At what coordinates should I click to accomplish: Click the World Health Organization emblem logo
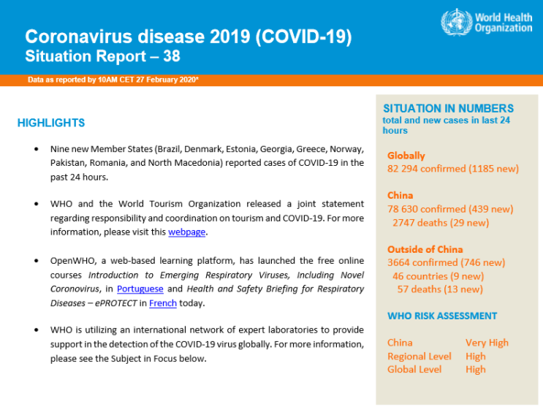(x=455, y=22)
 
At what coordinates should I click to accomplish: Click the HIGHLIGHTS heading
(x=51, y=123)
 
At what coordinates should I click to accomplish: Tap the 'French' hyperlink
(x=163, y=303)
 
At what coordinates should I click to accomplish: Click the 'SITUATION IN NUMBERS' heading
(x=448, y=108)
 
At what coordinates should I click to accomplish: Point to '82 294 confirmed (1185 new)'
(x=452, y=169)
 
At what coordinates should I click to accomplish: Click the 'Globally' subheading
(x=406, y=156)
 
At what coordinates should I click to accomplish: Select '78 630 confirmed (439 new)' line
(x=450, y=209)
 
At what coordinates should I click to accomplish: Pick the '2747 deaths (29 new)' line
(x=440, y=222)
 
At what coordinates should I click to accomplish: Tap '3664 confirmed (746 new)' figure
(x=446, y=262)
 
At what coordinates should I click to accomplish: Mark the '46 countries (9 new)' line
(x=438, y=275)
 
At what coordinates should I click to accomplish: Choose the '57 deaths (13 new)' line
(x=439, y=289)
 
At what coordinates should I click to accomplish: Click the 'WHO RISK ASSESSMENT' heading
(x=431, y=316)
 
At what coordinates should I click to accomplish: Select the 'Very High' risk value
(x=487, y=342)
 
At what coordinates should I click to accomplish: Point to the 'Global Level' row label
(x=414, y=369)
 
